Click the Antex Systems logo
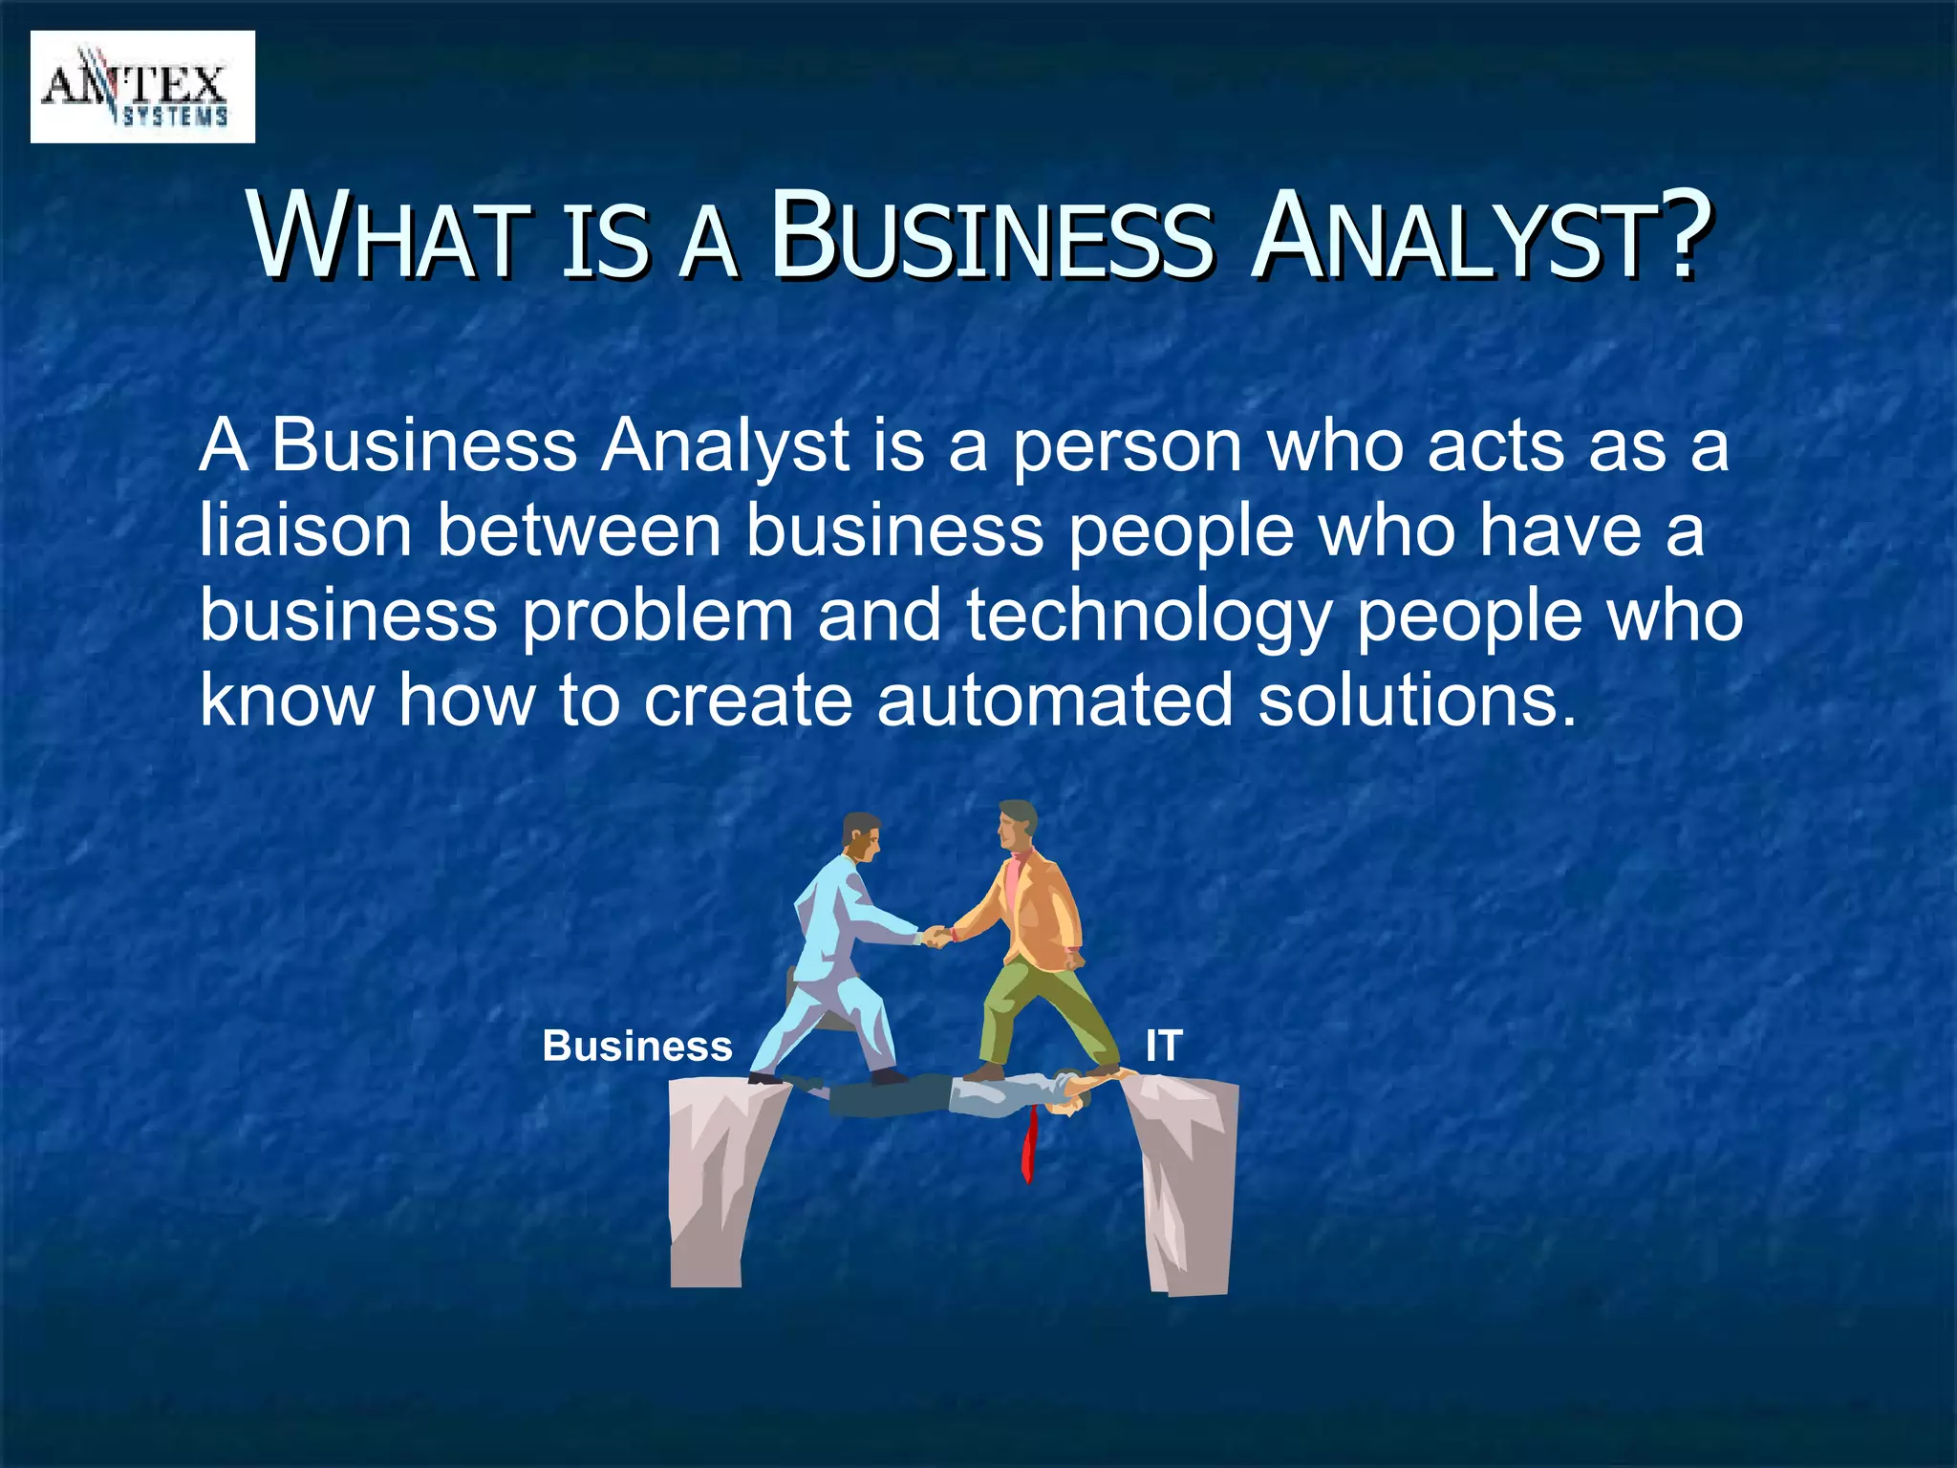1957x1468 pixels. coord(142,87)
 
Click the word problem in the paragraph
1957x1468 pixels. coord(658,615)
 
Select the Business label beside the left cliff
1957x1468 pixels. coord(637,1046)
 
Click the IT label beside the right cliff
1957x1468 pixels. coord(1164,1046)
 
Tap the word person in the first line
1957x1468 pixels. coord(1128,445)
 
